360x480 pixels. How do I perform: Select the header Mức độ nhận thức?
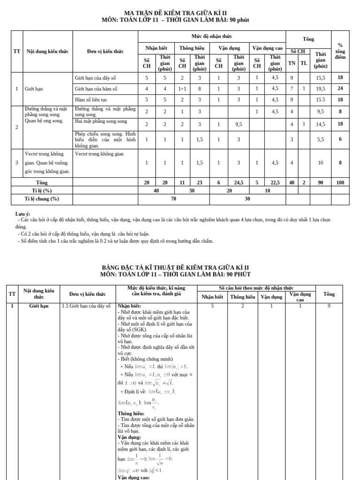click(x=211, y=36)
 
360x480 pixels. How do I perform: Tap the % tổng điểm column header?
click(x=340, y=51)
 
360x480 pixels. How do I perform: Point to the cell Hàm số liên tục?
click(x=94, y=99)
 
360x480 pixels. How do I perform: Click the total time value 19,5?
click(x=321, y=88)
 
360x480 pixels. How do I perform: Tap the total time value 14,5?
click(x=321, y=124)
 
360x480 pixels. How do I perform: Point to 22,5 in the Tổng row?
click(x=275, y=182)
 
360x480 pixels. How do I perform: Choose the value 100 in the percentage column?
click(x=340, y=182)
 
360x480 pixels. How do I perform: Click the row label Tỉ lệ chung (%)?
click(x=42, y=199)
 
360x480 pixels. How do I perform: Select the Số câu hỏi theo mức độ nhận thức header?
click(x=256, y=288)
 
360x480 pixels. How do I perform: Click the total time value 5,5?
click(x=321, y=139)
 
